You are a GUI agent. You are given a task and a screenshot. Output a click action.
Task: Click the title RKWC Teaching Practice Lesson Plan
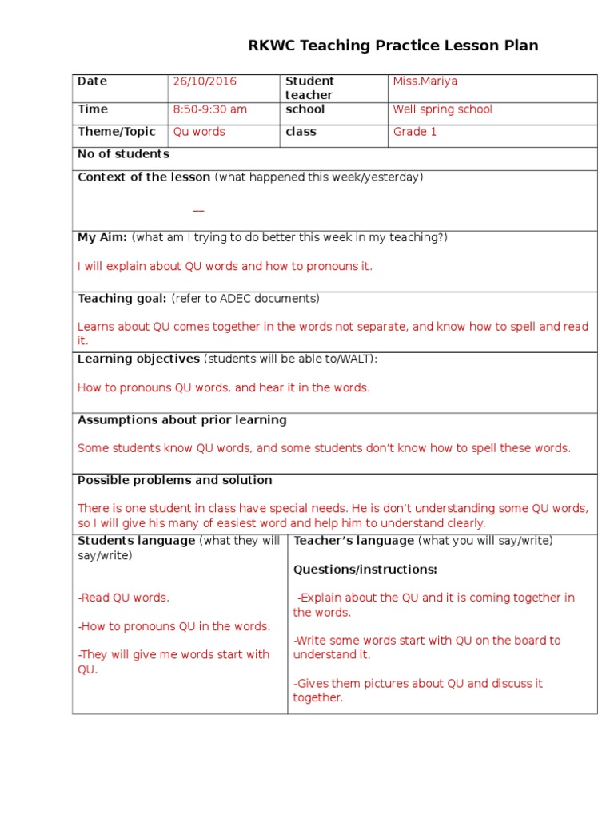(x=393, y=46)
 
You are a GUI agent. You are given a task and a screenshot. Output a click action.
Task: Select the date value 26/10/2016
(x=205, y=81)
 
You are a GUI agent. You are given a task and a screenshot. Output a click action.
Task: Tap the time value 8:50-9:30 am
(x=210, y=109)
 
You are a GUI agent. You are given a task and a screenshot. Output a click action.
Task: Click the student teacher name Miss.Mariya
(x=425, y=81)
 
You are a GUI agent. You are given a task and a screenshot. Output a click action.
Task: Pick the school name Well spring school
(x=443, y=109)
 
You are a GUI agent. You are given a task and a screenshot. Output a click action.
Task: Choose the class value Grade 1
(x=415, y=132)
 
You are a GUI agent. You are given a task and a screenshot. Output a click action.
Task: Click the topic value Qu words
(x=200, y=132)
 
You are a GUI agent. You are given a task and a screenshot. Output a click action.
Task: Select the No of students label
(x=123, y=154)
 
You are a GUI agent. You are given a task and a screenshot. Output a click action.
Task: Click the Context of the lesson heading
(x=144, y=177)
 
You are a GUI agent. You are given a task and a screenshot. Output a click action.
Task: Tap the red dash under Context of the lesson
(x=198, y=211)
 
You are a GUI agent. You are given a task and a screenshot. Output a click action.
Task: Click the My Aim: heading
(x=102, y=237)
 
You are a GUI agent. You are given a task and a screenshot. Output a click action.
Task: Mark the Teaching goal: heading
(x=122, y=299)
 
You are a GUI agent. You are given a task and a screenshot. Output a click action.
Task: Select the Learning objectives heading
(x=138, y=359)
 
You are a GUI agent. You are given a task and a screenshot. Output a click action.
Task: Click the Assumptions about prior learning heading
(x=182, y=420)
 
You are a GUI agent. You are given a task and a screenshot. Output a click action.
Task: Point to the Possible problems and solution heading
(x=175, y=480)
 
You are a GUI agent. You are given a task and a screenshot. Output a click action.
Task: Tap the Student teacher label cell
(x=310, y=88)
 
